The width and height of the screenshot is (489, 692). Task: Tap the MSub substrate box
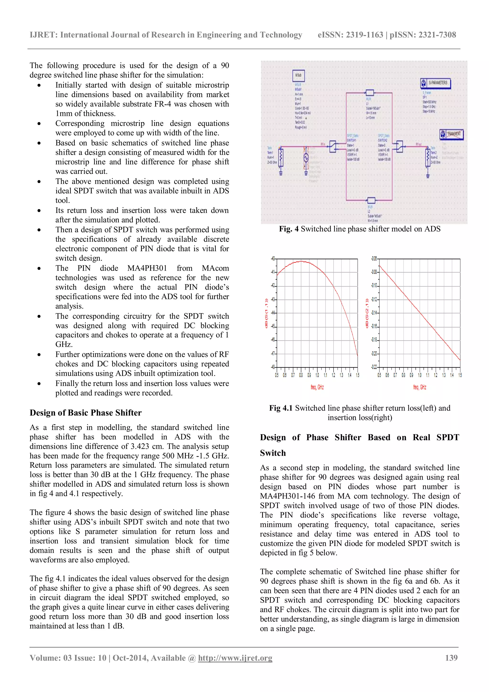298,75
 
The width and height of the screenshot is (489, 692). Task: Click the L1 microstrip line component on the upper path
369,92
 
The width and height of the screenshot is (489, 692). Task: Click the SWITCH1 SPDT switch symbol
333,147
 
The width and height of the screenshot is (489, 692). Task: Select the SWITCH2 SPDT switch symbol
399,147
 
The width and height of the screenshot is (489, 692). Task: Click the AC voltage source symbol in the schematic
306,158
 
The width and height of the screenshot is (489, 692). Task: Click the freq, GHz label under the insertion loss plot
420,387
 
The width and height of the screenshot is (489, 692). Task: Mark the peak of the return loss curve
301,261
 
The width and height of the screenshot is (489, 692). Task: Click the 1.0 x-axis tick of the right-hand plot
420,375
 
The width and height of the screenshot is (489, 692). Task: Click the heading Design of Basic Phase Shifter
85,413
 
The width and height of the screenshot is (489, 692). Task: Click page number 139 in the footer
451,658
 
